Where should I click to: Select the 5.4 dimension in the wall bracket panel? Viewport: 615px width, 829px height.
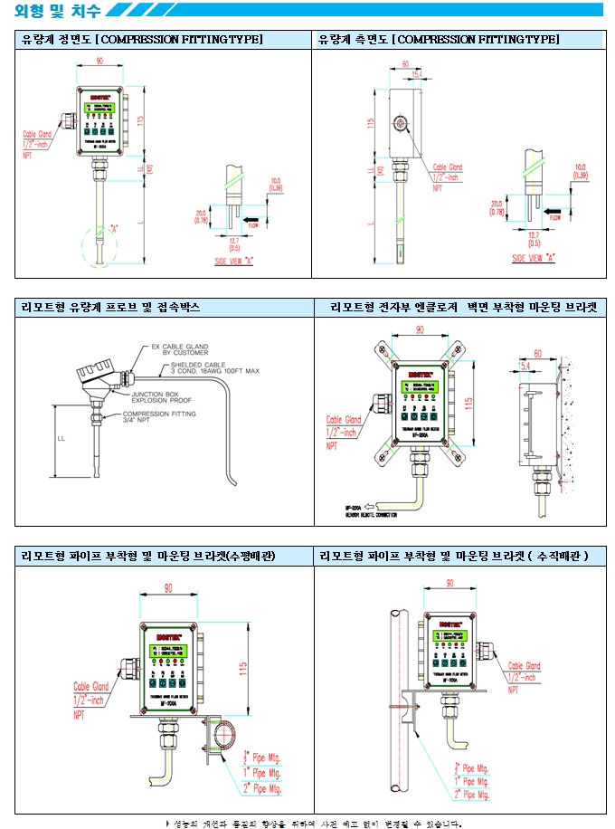525,365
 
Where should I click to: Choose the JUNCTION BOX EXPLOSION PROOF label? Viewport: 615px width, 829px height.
162,397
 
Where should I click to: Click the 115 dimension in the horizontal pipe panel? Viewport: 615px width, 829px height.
242,668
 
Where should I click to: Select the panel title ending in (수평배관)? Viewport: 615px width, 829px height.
148,556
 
